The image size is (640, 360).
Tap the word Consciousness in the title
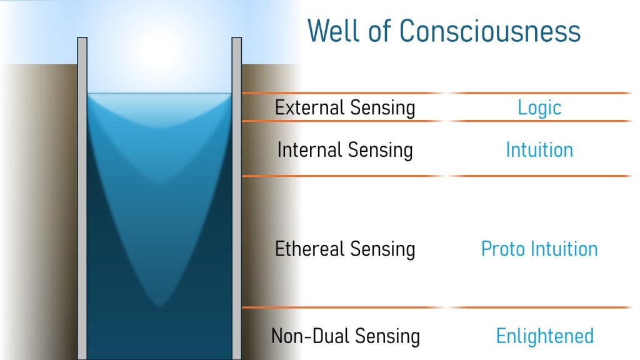(490, 31)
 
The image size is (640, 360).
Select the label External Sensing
(345, 108)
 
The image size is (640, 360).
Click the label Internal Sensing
(345, 150)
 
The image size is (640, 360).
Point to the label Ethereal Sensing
(345, 249)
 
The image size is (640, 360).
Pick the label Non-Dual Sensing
(345, 336)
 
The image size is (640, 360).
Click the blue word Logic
(539, 108)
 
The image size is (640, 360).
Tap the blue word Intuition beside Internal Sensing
(539, 150)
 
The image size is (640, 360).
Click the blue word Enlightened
(545, 336)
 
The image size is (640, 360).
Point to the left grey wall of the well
(82, 198)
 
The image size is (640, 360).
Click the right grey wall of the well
(237, 198)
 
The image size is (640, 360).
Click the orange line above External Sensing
(437, 93)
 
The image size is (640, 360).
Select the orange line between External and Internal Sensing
(437, 121)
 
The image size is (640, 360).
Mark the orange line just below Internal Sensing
(437, 176)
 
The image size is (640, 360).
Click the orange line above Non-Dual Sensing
(437, 307)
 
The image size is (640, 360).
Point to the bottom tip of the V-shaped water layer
(159, 306)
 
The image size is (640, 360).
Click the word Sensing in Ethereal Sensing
(382, 249)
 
